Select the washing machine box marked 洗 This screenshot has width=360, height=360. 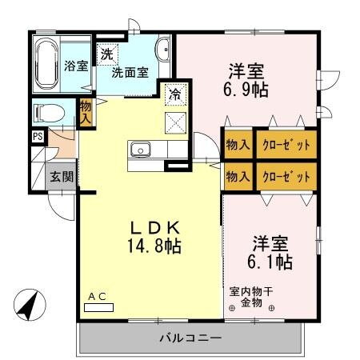106,55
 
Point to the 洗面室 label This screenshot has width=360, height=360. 130,72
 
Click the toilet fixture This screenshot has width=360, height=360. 49,112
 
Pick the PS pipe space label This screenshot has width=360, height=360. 38,136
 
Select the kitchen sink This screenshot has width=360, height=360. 141,150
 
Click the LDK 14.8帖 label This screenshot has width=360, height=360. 152,235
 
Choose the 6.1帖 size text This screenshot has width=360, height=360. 270,261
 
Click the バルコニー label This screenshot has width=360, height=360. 190,338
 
